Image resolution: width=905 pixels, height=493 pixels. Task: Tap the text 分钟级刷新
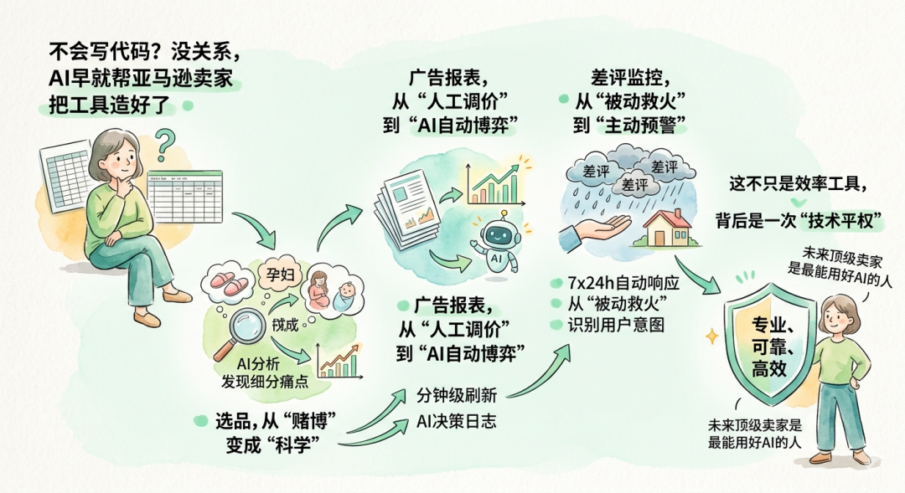click(x=456, y=394)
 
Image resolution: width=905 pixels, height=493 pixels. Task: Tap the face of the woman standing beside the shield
click(x=837, y=316)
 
